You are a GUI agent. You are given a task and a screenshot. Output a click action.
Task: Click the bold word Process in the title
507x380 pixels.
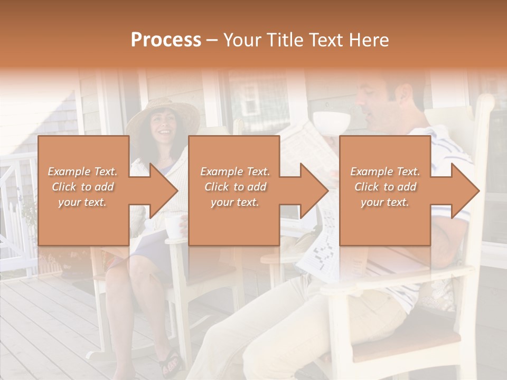point(166,40)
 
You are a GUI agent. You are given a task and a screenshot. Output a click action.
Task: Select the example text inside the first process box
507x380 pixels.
point(82,187)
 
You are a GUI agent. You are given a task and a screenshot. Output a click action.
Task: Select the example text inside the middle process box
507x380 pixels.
point(235,187)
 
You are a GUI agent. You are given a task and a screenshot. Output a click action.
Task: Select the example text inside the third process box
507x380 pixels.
point(385,187)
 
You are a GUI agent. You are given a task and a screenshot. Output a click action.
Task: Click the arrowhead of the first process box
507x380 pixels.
point(164,191)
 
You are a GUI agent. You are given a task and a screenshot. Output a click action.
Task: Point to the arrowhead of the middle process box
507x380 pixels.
point(315,191)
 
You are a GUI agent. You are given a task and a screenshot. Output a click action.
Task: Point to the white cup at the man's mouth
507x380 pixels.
point(333,120)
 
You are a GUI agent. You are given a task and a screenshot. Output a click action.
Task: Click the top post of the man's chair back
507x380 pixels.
point(485,103)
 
